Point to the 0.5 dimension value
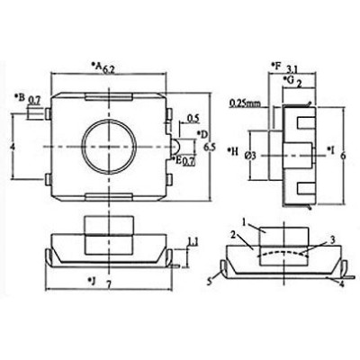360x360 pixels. [x=193, y=117]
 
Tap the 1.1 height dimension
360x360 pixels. [x=193, y=239]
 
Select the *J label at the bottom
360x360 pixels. [x=93, y=283]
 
